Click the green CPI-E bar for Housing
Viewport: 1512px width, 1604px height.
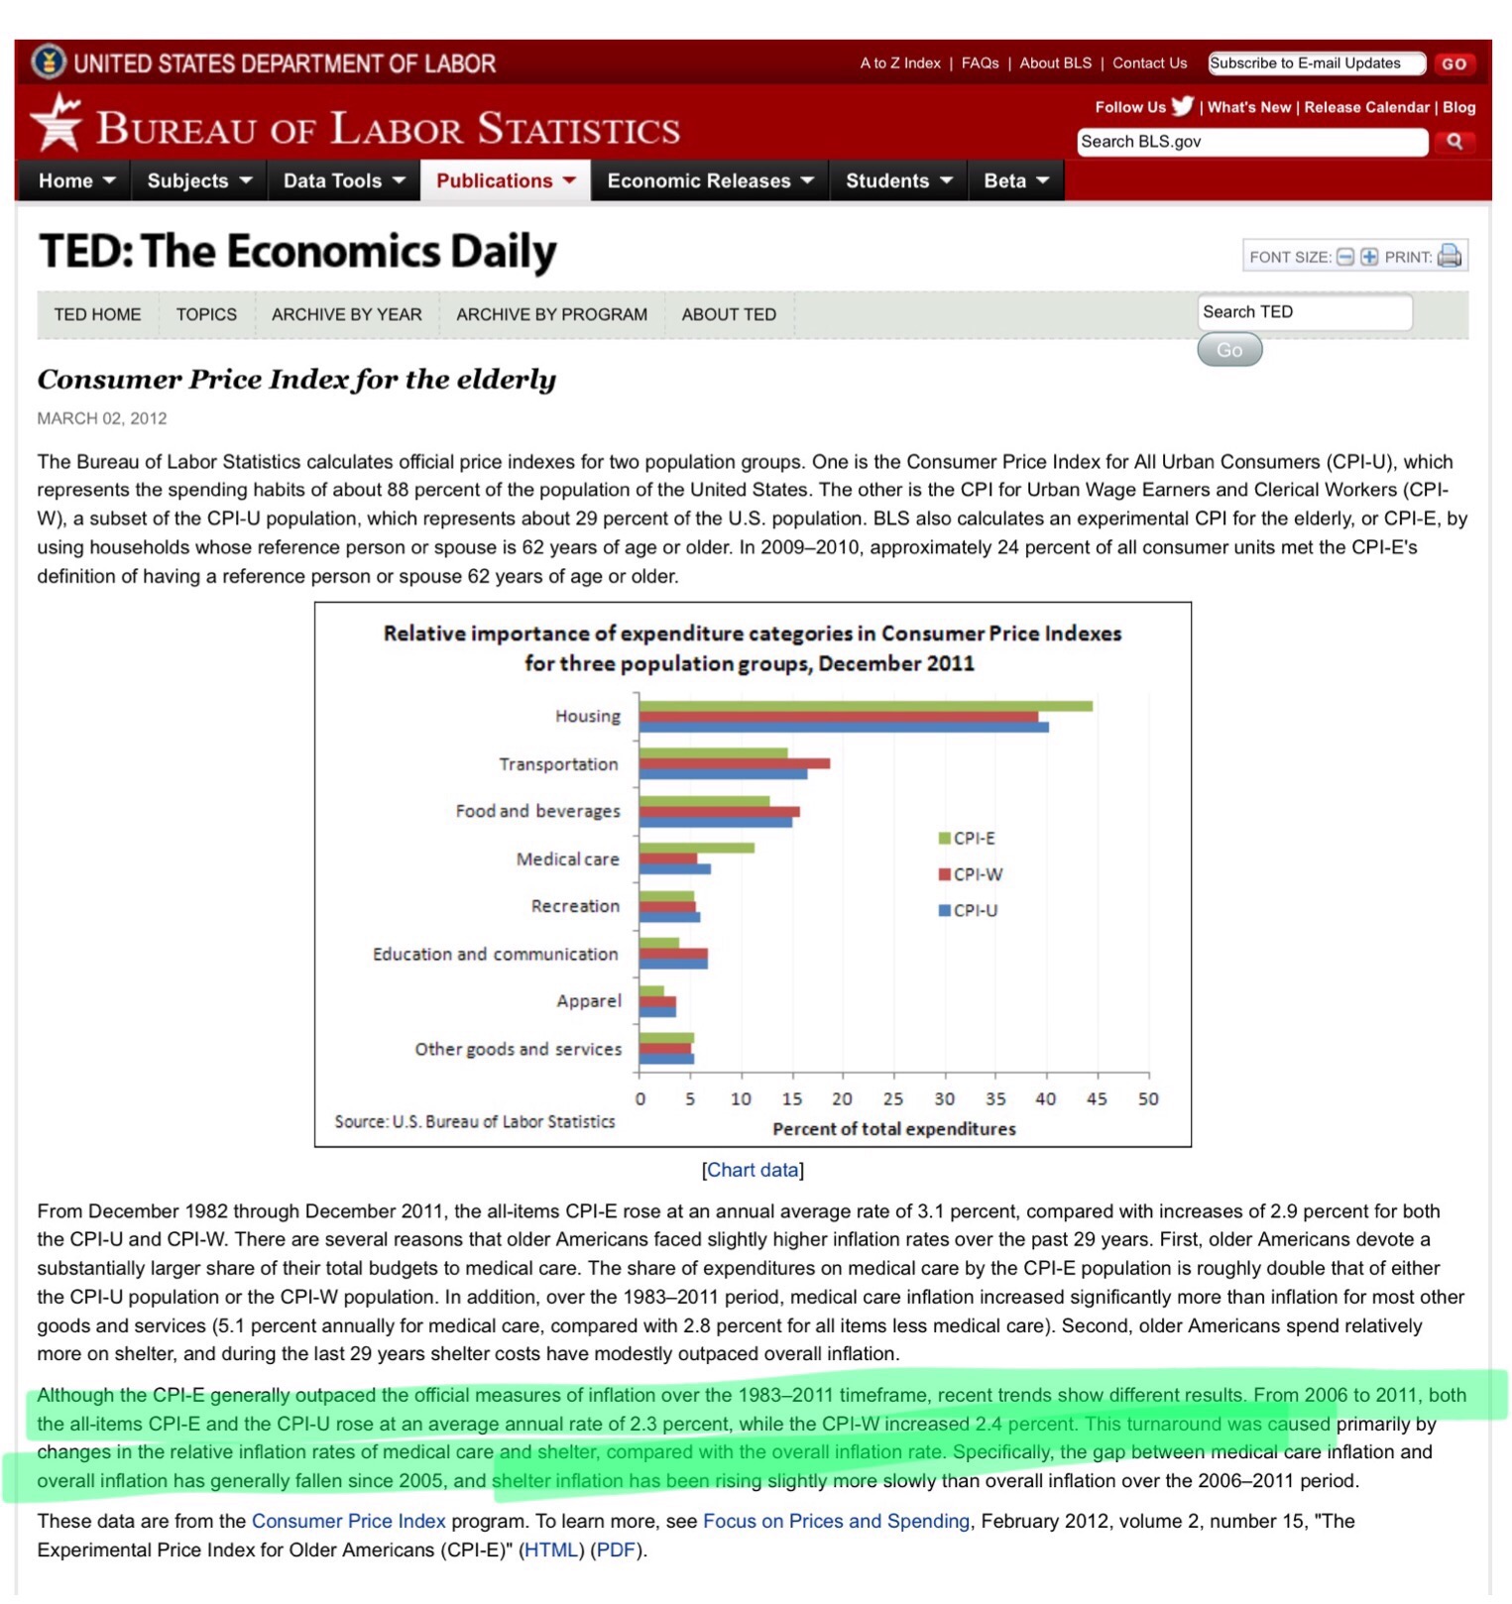(x=865, y=706)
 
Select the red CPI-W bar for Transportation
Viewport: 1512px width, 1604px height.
(x=734, y=763)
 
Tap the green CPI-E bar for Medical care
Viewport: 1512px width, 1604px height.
(x=696, y=848)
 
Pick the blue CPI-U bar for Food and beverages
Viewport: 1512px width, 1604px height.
(x=715, y=822)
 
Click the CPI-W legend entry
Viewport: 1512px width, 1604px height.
(x=971, y=874)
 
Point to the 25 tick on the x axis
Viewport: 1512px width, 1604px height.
(x=892, y=1098)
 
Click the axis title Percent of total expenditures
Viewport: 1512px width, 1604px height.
(x=893, y=1128)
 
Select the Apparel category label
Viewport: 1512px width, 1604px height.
(x=589, y=1001)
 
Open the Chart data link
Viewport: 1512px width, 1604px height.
(x=753, y=1170)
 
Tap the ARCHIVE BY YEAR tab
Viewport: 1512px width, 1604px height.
(x=346, y=314)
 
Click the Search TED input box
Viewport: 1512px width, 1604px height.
(x=1303, y=312)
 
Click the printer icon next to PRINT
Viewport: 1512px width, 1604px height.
(x=1449, y=256)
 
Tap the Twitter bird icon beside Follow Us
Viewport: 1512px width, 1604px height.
(x=1182, y=106)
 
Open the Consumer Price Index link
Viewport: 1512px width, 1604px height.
(x=348, y=1521)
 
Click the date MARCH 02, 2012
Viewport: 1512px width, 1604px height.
(x=102, y=418)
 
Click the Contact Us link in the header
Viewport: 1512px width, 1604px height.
(x=1149, y=63)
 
